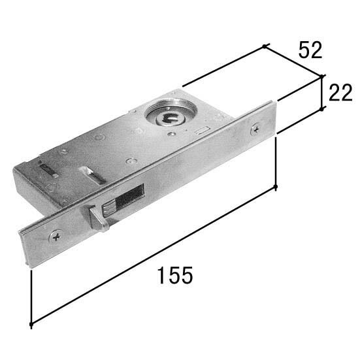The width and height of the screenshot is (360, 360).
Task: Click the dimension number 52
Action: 310,50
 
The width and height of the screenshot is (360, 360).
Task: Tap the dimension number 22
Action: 340,93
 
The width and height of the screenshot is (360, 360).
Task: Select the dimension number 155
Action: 175,275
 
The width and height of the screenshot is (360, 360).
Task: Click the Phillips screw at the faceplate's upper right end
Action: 255,129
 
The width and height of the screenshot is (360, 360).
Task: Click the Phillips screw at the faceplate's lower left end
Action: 56,237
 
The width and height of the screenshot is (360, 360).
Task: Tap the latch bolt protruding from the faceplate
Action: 99,218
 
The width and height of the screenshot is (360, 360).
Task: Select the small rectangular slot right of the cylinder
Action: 202,130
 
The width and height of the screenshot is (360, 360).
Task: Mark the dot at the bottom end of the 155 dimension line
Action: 31,325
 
